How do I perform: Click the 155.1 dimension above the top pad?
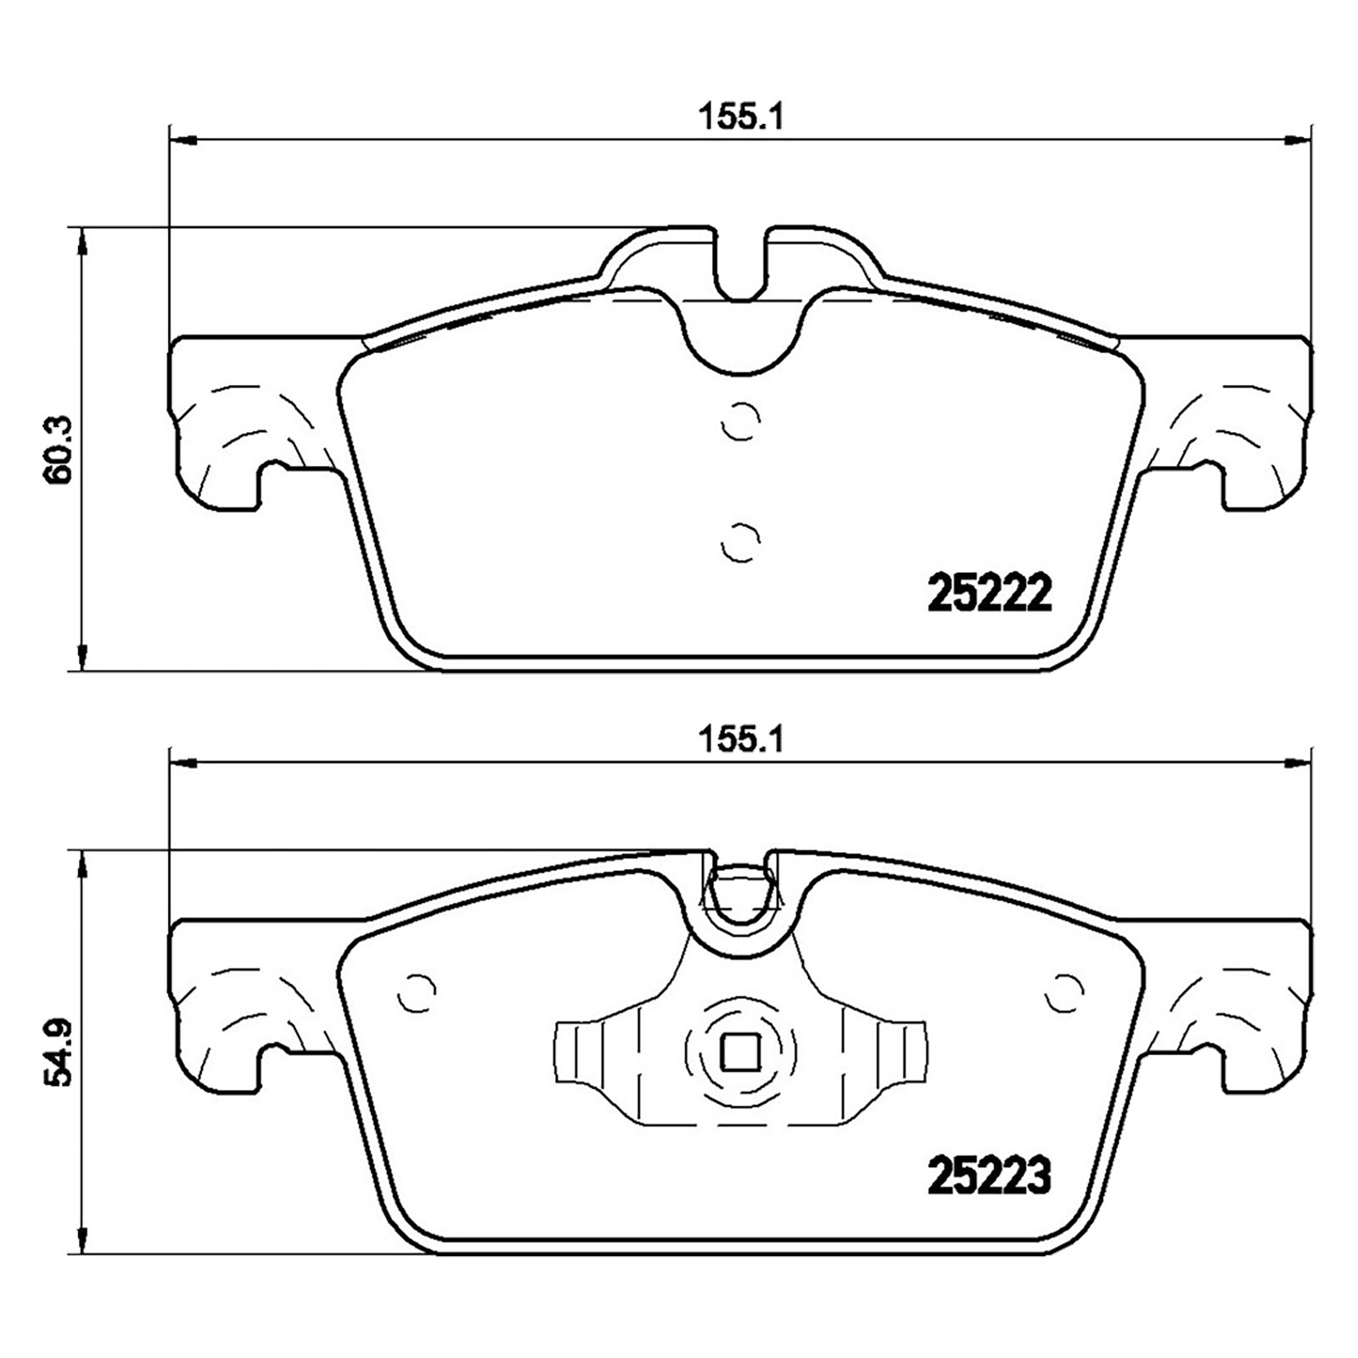coord(738,117)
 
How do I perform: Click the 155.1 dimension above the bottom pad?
coord(738,741)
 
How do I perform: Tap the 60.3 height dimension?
coord(60,449)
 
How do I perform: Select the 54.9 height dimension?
coord(60,1074)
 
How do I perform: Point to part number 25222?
coord(990,594)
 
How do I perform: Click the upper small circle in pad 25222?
coord(739,420)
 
